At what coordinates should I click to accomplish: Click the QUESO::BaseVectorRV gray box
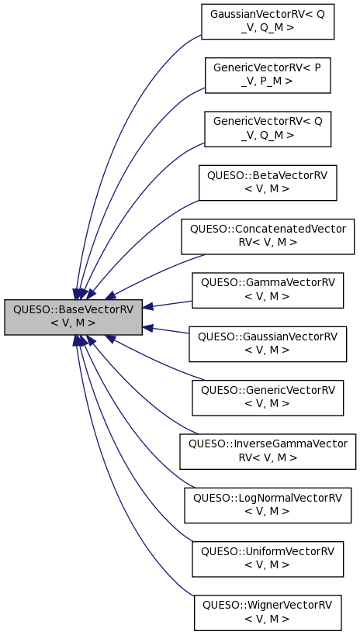pos(73,316)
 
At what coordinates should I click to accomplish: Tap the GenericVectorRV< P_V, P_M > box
pos(268,74)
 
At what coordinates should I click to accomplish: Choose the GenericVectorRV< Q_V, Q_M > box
pos(268,128)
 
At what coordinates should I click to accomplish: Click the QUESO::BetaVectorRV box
pos(268,182)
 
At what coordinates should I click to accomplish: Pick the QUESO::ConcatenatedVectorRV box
pos(268,236)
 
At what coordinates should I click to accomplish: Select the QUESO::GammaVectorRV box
pos(268,289)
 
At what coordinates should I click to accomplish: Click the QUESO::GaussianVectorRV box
pos(268,343)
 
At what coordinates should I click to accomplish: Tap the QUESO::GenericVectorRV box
pos(268,397)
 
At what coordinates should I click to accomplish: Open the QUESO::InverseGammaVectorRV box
pos(268,450)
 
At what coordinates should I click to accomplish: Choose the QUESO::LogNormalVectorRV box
pos(268,504)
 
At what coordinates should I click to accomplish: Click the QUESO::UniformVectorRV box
pos(268,558)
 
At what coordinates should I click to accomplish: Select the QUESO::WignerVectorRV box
pos(268,612)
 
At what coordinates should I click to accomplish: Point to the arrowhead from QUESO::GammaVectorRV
pos(149,306)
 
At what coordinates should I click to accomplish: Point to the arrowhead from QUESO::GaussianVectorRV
pos(149,327)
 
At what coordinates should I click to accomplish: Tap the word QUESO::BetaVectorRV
pos(268,175)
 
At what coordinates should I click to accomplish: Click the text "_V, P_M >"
pos(268,81)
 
